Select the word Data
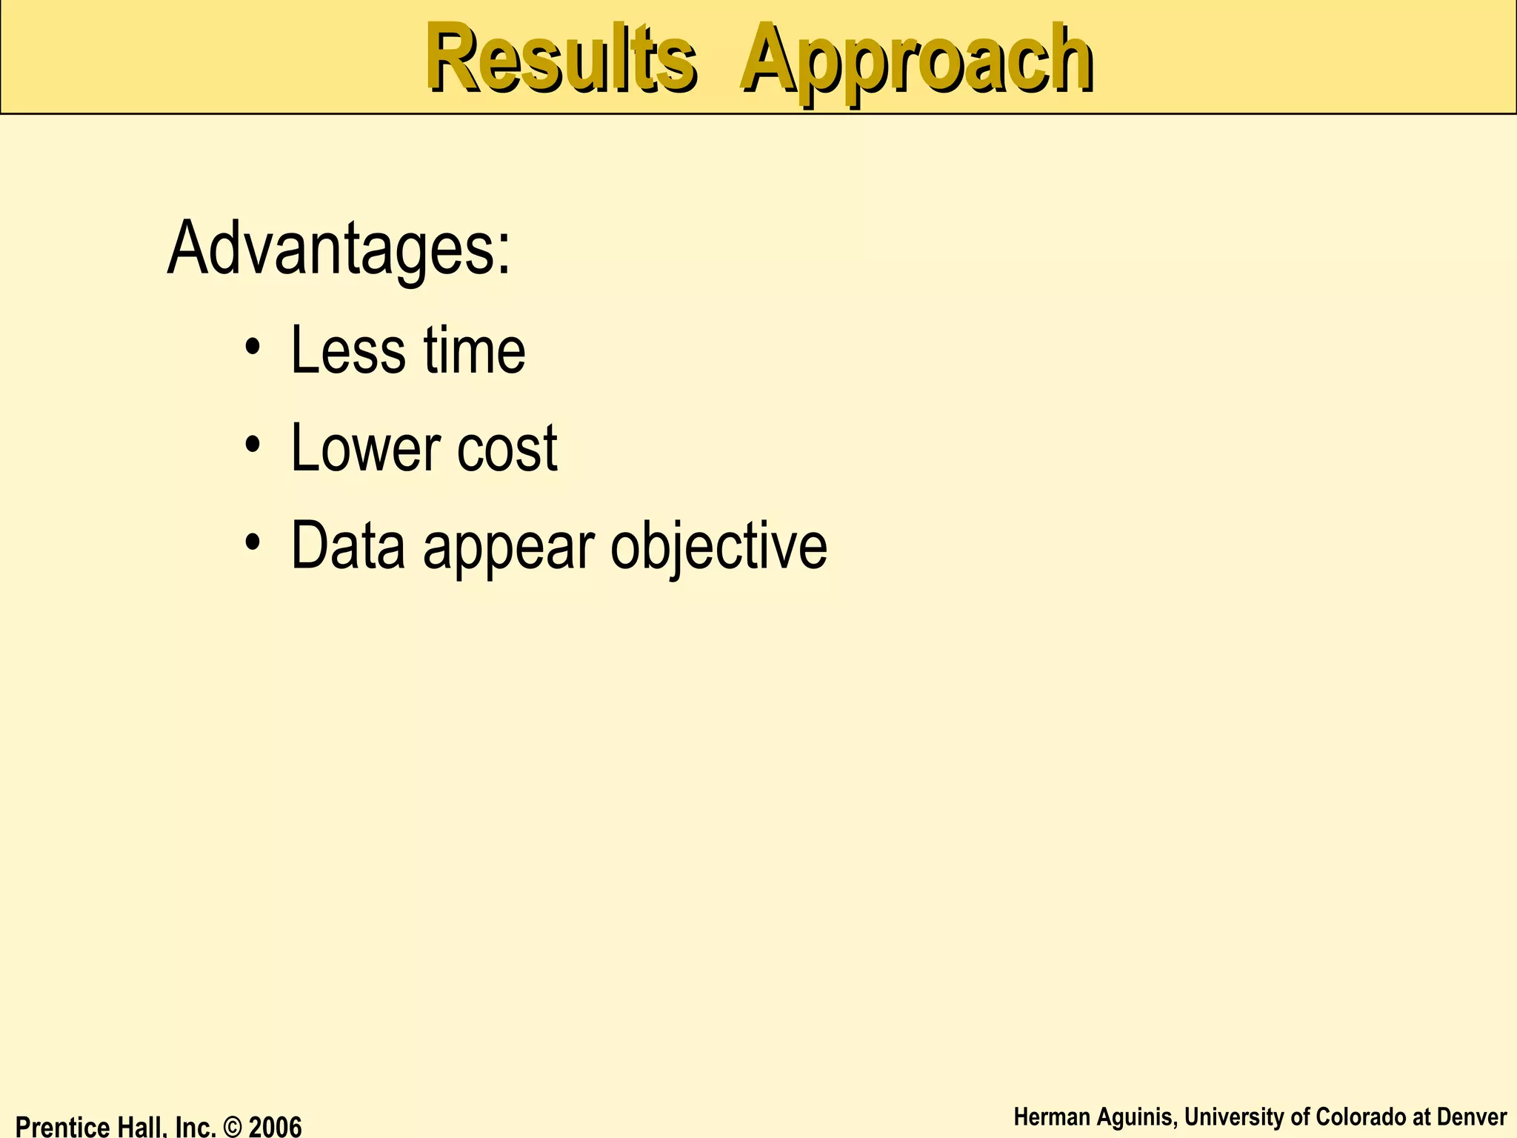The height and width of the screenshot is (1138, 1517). pyautogui.click(x=348, y=546)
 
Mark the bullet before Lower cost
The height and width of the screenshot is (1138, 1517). pyautogui.click(x=254, y=445)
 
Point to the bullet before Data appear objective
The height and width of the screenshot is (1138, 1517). pyautogui.click(x=254, y=543)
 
